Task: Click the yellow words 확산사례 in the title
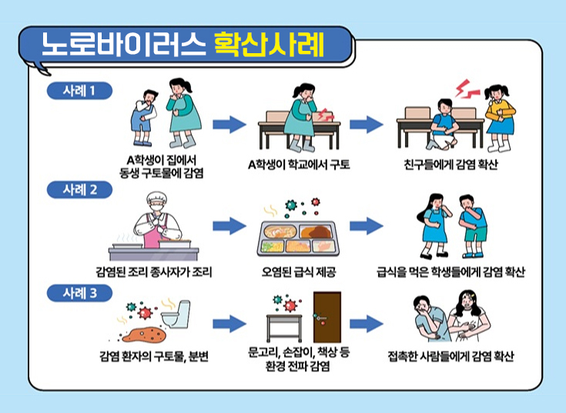click(270, 45)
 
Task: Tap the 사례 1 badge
click(79, 91)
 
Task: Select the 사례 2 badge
click(79, 190)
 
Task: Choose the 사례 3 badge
click(79, 293)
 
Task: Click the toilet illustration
click(176, 314)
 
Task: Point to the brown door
click(327, 317)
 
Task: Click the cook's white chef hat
click(156, 197)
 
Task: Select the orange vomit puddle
click(145, 334)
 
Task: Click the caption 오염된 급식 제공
click(299, 272)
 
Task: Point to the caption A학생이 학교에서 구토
click(299, 165)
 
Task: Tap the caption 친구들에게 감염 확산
click(450, 165)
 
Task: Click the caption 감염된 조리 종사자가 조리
click(154, 272)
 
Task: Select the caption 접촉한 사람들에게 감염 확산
click(450, 357)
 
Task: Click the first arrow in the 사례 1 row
click(229, 125)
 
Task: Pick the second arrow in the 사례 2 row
click(366, 226)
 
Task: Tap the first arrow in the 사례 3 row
click(229, 324)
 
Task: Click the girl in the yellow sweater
click(500, 118)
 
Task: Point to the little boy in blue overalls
click(144, 117)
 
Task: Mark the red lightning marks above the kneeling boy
click(466, 89)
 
